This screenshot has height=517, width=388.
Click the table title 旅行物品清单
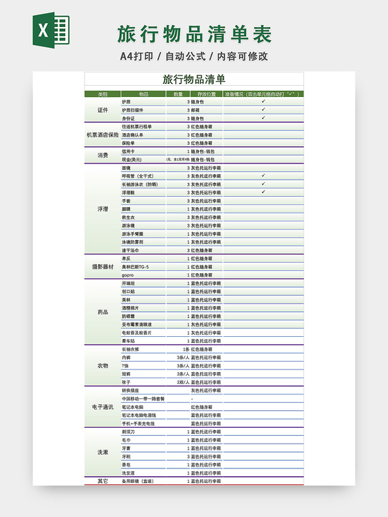tap(194, 80)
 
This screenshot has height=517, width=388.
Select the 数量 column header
tap(178, 94)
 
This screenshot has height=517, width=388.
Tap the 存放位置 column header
tap(206, 94)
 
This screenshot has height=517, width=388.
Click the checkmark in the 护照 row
tap(263, 101)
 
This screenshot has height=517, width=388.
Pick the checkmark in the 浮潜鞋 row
tap(263, 192)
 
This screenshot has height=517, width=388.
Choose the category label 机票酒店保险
tap(103, 134)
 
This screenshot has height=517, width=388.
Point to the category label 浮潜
tap(103, 209)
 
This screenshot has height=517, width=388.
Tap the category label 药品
tap(103, 312)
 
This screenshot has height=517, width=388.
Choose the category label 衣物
tap(103, 365)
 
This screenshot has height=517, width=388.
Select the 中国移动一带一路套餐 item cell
tap(143, 398)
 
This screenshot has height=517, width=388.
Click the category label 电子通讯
tap(103, 406)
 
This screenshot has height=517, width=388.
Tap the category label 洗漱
tap(103, 452)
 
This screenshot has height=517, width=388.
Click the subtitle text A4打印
tap(136, 56)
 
